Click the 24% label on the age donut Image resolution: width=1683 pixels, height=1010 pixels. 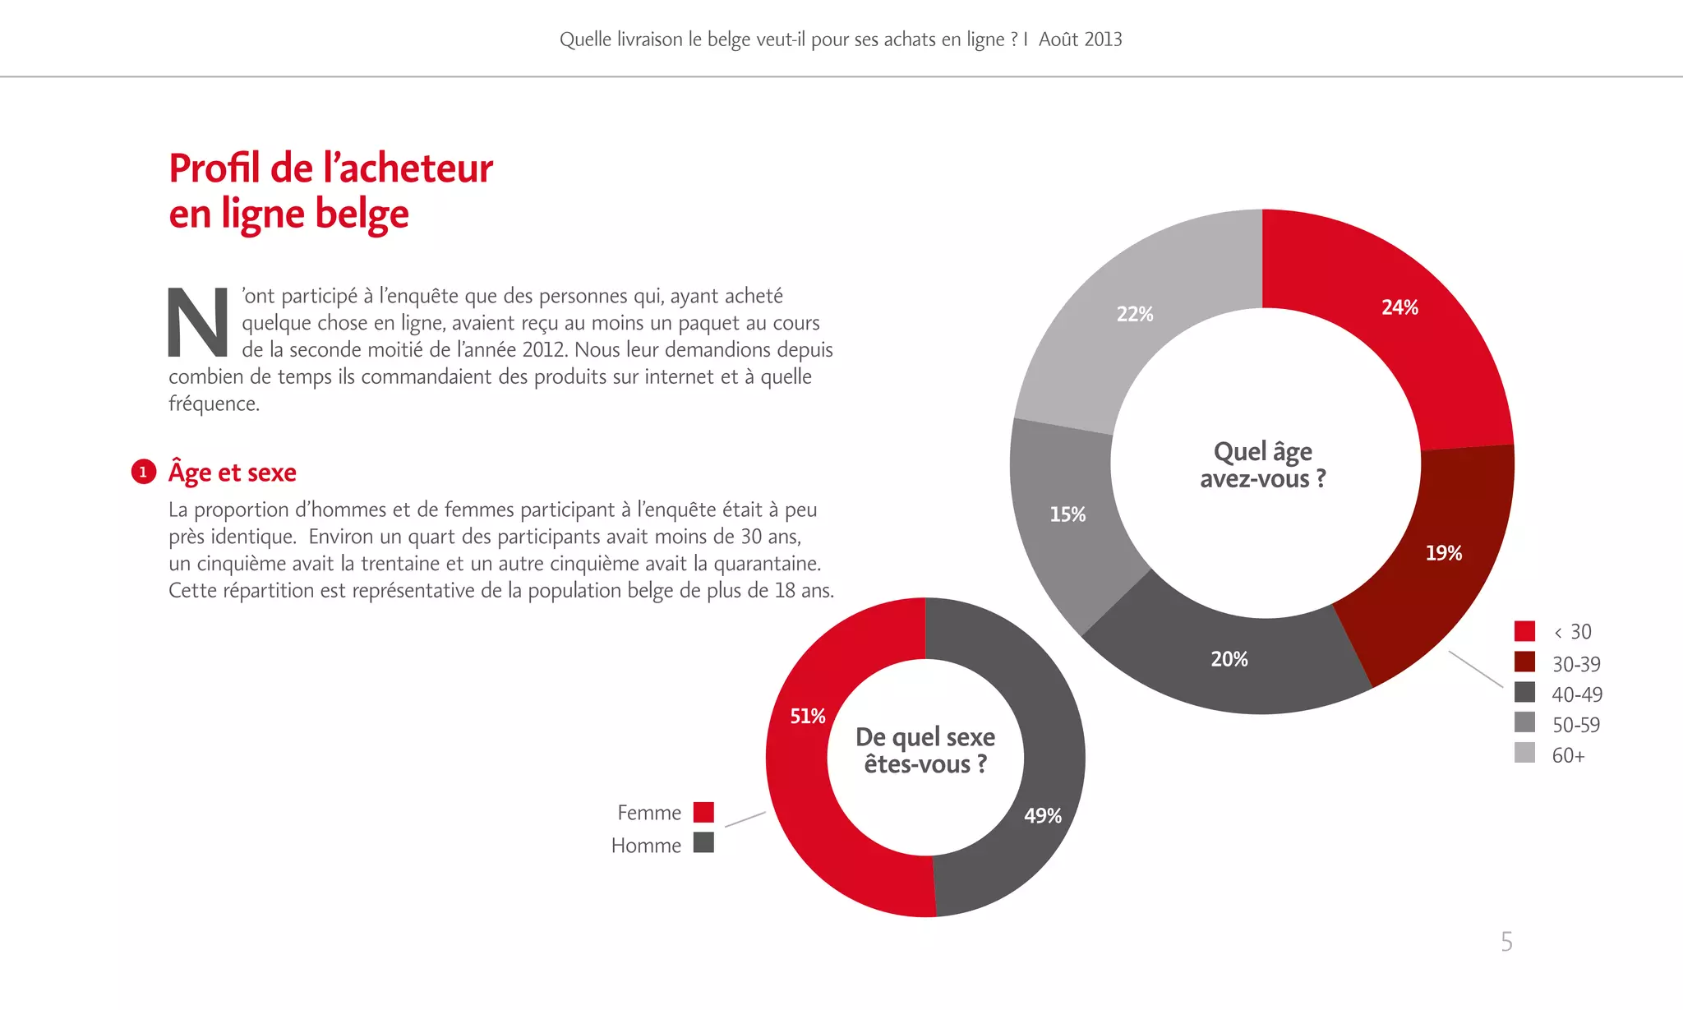coord(1399,307)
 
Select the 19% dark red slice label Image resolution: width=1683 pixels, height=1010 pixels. coord(1443,553)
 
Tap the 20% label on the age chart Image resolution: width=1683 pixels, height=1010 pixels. coord(1229,659)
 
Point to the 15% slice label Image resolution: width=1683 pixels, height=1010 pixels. coord(1067,514)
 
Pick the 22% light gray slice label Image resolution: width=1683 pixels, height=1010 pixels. coord(1134,314)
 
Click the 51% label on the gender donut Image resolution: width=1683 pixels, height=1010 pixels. coord(807,717)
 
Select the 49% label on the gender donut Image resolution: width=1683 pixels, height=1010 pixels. coord(1042,816)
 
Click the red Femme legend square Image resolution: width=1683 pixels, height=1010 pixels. coord(703,812)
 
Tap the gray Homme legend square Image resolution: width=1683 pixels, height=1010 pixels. coord(703,842)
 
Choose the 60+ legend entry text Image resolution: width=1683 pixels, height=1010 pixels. coord(1568,755)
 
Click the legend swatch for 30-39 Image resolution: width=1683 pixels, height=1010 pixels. coord(1524,662)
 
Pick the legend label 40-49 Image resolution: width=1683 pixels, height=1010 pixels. coord(1576,694)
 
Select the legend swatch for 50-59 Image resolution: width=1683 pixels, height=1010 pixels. coord(1524,722)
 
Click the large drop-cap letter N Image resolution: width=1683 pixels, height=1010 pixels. coord(198,322)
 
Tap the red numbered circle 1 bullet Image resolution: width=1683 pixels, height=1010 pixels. coord(144,472)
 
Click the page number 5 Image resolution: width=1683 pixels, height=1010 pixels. coord(1506,941)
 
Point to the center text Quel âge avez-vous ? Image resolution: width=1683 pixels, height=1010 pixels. coord(1263,465)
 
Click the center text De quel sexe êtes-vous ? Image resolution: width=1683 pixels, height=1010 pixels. coord(925,750)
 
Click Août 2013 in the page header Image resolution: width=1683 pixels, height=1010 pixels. coord(1080,39)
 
